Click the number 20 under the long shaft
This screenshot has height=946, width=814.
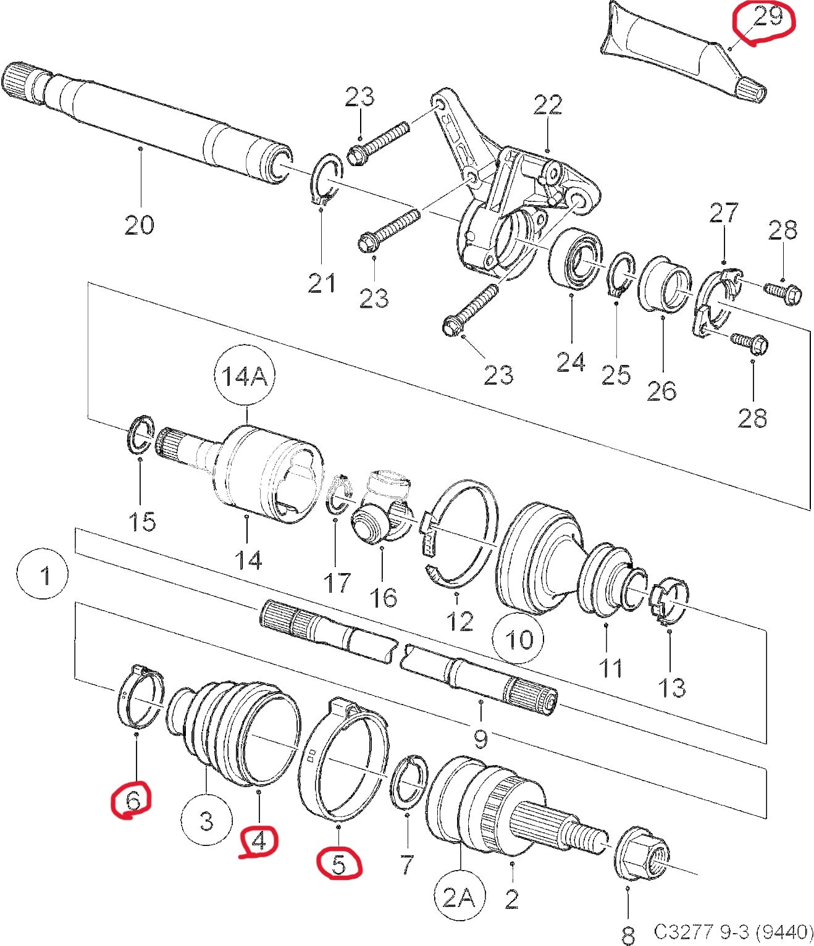click(139, 224)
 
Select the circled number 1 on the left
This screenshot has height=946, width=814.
click(45, 576)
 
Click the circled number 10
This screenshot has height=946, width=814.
click(519, 638)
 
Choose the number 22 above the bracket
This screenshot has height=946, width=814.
click(548, 104)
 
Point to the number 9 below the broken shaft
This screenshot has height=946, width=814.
click(480, 737)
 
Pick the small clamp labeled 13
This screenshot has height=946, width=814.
click(669, 598)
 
